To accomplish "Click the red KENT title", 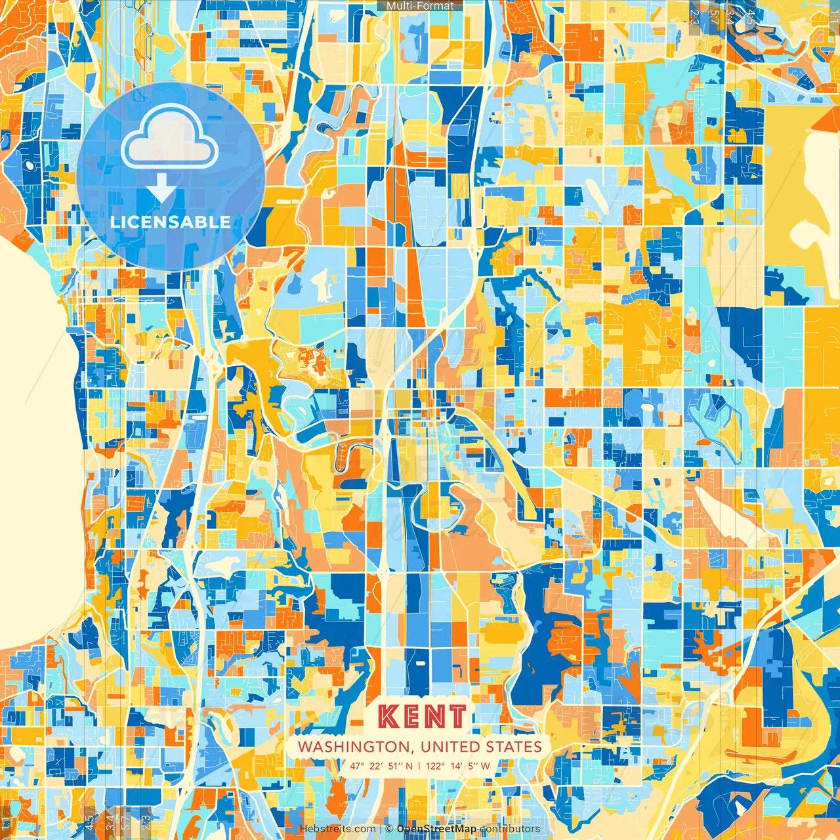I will click(x=423, y=717).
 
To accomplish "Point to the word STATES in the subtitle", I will click(x=514, y=747).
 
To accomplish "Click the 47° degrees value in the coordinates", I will click(x=356, y=766).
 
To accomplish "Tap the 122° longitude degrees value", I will click(x=435, y=766).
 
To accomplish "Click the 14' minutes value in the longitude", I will click(x=457, y=766).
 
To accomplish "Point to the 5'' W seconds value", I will click(x=479, y=766).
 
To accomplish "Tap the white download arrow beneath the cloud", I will click(x=161, y=190).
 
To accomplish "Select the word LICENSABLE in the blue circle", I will click(x=170, y=222).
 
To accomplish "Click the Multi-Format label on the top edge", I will click(x=420, y=6).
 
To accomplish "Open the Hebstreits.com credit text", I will click(x=337, y=829).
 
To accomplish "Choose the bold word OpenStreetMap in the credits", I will click(x=436, y=829).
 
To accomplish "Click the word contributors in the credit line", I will click(x=510, y=829).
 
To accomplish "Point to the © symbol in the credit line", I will click(x=388, y=829).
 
